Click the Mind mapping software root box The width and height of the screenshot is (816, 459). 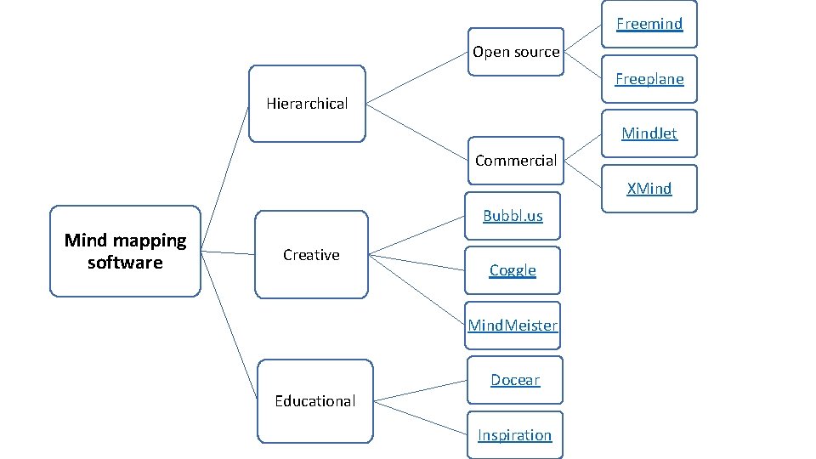125,251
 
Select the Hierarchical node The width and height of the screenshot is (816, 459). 307,104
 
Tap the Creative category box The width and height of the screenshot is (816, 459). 311,255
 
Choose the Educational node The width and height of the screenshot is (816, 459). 314,401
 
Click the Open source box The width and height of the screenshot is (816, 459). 516,52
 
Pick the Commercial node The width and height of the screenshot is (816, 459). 516,161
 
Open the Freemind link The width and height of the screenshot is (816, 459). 649,24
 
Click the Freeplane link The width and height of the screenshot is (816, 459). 649,79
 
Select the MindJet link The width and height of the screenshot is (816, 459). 649,133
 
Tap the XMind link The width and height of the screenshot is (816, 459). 649,189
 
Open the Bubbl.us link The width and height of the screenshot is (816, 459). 513,216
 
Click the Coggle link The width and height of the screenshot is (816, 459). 513,270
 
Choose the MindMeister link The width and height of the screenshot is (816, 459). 513,326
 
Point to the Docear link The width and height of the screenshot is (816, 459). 515,380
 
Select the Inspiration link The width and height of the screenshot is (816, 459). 514,435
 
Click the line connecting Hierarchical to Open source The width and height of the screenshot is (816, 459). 416,81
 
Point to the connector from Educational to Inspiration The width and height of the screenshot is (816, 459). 420,416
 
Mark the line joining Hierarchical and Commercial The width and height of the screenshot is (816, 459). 416,133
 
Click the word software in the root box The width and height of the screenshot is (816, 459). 125,263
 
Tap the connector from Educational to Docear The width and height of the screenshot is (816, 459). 420,389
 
